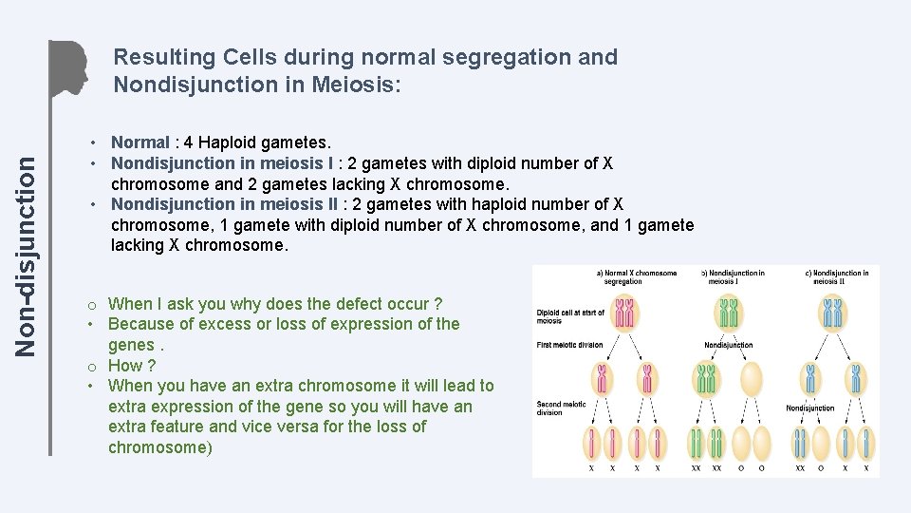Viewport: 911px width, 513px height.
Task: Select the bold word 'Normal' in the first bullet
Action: coord(140,142)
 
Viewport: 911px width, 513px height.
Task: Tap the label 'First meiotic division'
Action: coord(569,345)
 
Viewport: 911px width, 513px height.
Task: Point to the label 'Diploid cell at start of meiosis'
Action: coord(569,315)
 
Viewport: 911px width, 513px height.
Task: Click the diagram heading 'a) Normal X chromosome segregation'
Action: coord(637,277)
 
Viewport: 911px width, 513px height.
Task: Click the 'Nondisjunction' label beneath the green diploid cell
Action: coord(729,345)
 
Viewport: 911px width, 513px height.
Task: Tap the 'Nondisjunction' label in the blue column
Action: coord(809,408)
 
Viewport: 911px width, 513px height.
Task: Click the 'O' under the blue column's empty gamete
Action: coord(821,468)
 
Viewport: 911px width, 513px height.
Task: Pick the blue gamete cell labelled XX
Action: coord(801,443)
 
